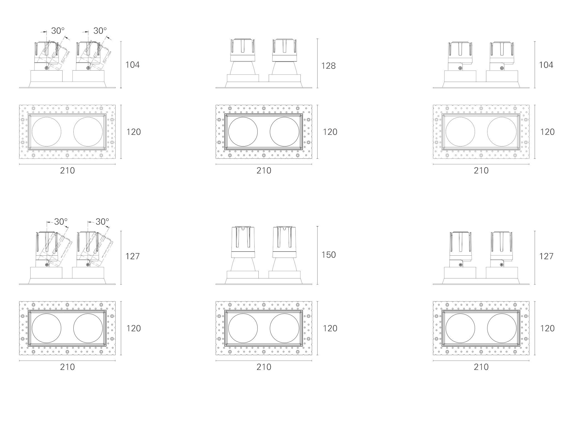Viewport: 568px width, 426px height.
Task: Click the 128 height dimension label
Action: [x=328, y=66]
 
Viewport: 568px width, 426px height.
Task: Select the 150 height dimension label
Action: [x=328, y=255]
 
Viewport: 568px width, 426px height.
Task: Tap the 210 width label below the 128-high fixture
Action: [x=264, y=171]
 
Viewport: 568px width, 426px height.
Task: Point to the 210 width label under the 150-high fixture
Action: [x=264, y=367]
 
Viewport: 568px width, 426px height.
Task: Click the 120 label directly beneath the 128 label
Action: [x=330, y=132]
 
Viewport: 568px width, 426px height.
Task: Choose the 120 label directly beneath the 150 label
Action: [x=330, y=328]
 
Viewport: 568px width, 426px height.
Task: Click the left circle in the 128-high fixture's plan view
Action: [x=243, y=132]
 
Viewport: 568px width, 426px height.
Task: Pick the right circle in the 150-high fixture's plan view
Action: [x=284, y=328]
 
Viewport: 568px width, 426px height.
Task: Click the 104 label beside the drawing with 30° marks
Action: [x=133, y=65]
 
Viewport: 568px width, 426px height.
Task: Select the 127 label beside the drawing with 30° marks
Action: [x=132, y=256]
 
